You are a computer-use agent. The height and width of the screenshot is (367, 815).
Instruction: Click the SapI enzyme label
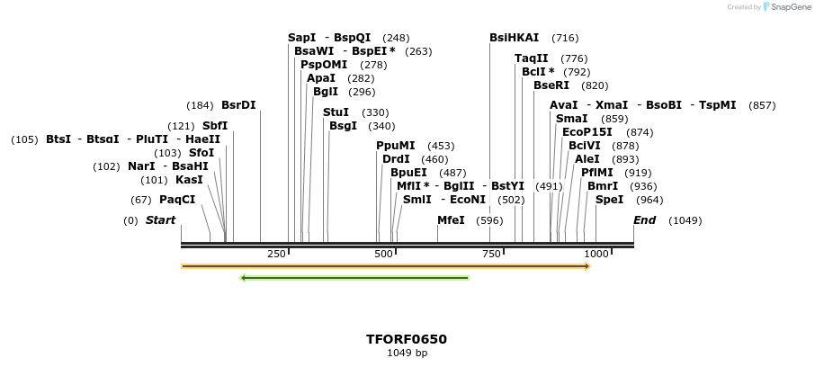point(301,38)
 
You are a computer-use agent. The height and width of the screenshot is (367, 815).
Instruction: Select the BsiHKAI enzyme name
point(514,38)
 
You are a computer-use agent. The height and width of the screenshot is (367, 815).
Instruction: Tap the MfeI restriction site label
point(451,220)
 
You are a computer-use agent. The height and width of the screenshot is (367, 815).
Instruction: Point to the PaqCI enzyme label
point(177,200)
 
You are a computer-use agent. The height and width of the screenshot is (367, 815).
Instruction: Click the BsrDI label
point(238,105)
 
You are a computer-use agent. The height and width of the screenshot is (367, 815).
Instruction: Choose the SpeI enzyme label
point(609,200)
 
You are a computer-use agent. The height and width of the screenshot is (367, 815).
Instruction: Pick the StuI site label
point(336,112)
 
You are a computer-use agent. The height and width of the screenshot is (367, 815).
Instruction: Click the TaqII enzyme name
point(531,58)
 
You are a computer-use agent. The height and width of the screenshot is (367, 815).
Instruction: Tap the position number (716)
point(565,38)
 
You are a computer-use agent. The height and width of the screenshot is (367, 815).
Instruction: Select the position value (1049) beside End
point(685,220)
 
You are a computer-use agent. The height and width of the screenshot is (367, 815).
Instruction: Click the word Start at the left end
point(161,220)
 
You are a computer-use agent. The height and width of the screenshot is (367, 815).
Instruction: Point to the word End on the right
point(644,220)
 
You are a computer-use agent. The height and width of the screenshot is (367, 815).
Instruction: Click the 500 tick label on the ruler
point(383,254)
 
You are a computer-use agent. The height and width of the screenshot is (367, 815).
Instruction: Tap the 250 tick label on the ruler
point(276,254)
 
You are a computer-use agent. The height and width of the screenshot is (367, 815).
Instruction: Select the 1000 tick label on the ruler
point(597,254)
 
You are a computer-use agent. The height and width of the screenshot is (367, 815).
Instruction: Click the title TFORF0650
point(407,339)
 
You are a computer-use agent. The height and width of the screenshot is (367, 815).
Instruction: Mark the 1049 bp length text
point(407,353)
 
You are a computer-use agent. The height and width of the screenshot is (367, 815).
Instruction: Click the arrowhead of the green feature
point(244,278)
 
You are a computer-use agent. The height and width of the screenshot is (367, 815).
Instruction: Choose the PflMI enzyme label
point(596,173)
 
